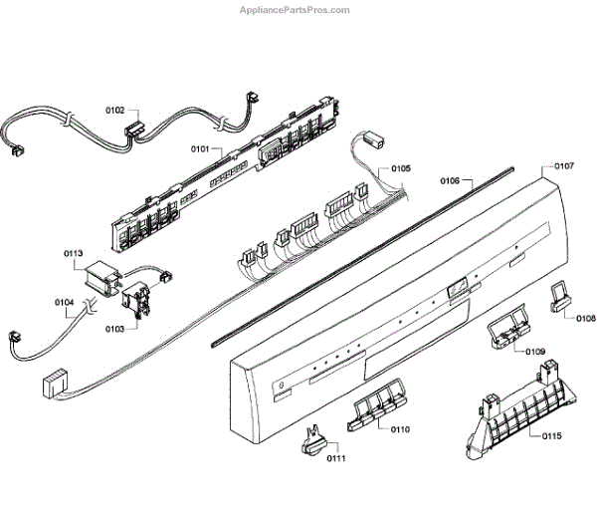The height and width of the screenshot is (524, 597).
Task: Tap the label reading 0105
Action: coord(400,169)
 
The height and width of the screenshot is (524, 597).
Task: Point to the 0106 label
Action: coord(449,181)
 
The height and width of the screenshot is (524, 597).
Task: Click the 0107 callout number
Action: coord(564,165)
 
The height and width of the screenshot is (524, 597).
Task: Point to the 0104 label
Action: coord(64,301)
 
